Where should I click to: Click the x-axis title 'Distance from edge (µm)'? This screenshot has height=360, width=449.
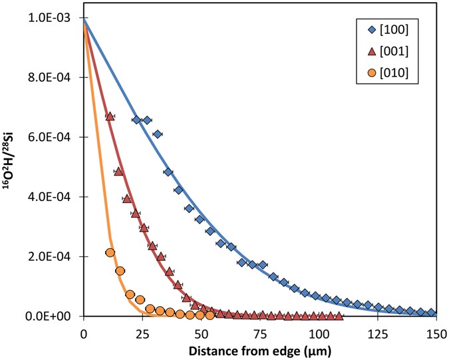[x=260, y=348]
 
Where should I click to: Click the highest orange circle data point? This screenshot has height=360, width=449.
[x=110, y=252]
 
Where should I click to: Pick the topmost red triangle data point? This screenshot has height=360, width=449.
[x=110, y=116]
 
